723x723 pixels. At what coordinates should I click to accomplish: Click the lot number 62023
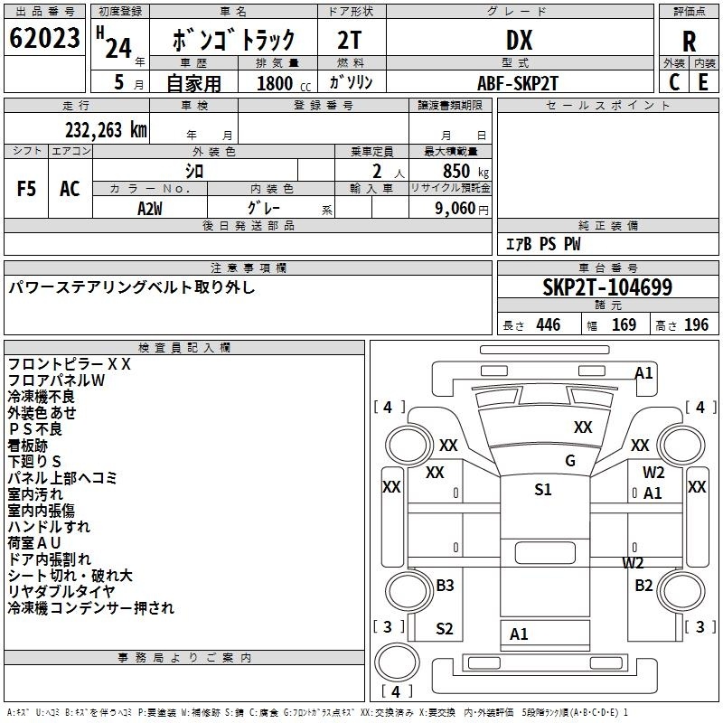43,39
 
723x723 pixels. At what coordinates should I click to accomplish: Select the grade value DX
519,40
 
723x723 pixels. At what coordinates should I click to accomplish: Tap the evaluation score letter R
689,42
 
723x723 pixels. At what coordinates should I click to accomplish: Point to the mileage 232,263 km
107,129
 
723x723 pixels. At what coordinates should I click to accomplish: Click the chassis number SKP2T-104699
607,287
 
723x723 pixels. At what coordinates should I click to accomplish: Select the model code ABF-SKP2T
519,82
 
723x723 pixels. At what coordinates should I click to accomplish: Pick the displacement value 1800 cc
275,83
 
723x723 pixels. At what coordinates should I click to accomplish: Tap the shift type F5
27,189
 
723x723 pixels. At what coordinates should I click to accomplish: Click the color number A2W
150,207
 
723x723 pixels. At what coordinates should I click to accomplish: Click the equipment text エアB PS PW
542,244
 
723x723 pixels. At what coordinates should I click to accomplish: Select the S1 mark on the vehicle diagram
542,490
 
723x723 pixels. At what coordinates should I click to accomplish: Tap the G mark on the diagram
570,461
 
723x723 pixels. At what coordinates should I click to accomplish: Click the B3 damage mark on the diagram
445,586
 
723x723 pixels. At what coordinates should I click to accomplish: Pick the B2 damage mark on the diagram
643,586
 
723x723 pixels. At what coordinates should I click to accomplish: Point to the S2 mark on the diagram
445,629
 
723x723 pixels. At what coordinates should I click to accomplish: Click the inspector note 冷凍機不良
42,397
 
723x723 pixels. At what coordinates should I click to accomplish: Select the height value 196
697,325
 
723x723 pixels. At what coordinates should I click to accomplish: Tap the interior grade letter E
703,82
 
